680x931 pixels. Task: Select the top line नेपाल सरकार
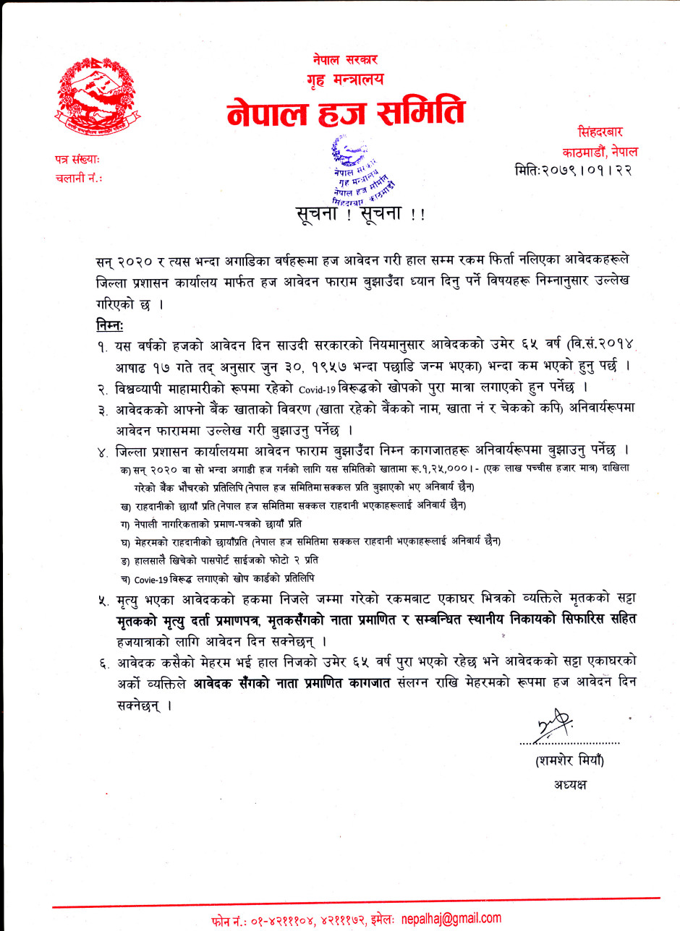[x=345, y=59]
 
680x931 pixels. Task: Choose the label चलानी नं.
[x=78, y=177]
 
